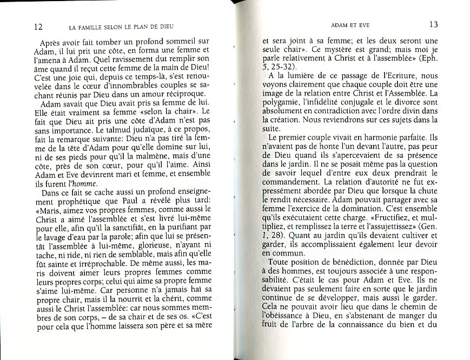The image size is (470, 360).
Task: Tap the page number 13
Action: pyautogui.click(x=433, y=24)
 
